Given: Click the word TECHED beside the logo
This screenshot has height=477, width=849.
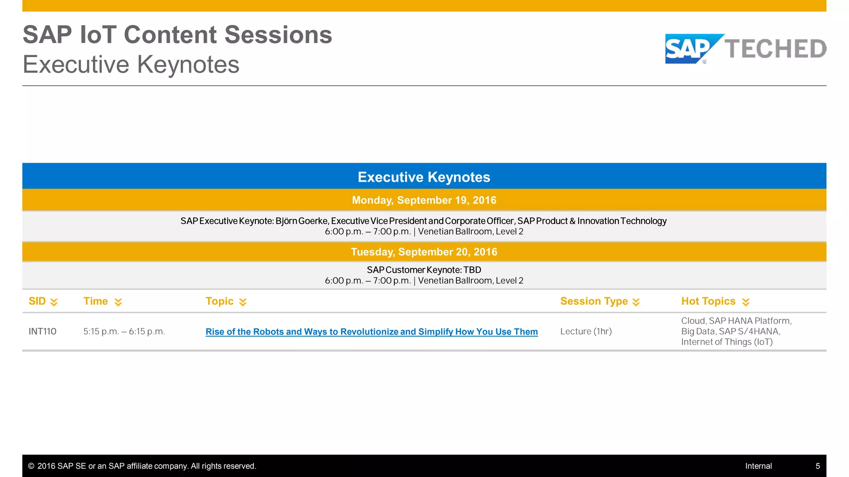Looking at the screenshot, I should tap(775, 49).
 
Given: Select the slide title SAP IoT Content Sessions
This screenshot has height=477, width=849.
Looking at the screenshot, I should tap(177, 35).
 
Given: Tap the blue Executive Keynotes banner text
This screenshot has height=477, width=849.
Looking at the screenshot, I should tap(424, 177).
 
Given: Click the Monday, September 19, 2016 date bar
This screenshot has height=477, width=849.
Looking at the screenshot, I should tap(424, 200).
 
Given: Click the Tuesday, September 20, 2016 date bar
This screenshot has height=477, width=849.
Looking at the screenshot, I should tap(424, 252).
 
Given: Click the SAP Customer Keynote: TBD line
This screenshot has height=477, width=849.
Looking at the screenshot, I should tap(424, 270).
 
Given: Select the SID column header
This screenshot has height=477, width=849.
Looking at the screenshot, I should tap(37, 301).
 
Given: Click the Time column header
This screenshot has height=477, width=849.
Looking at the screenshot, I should tap(96, 301).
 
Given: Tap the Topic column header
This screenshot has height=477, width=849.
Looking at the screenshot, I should tap(220, 301).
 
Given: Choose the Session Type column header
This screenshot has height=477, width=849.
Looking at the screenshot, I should tap(594, 301).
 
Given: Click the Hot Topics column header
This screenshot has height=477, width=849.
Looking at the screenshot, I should tap(708, 301).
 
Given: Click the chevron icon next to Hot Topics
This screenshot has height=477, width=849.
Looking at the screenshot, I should tap(746, 302).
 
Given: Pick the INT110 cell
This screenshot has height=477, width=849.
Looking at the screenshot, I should tap(42, 332).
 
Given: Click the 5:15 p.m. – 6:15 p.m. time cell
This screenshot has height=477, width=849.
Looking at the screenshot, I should tap(124, 332).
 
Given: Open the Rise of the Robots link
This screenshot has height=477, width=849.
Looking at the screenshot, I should tap(371, 332).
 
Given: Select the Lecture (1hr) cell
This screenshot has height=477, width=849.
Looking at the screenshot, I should tap(586, 332).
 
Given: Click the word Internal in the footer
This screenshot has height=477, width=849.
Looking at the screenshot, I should tap(758, 466).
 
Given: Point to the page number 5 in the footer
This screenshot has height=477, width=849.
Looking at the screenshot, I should tap(817, 466).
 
